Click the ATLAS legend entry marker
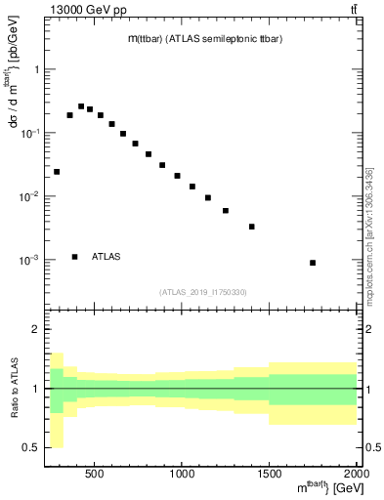(x=75, y=257)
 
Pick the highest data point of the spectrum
(x=81, y=106)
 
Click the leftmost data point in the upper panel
(x=57, y=172)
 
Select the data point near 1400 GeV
(x=252, y=227)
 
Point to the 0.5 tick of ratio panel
(x=31, y=447)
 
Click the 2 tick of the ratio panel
(x=36, y=329)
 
